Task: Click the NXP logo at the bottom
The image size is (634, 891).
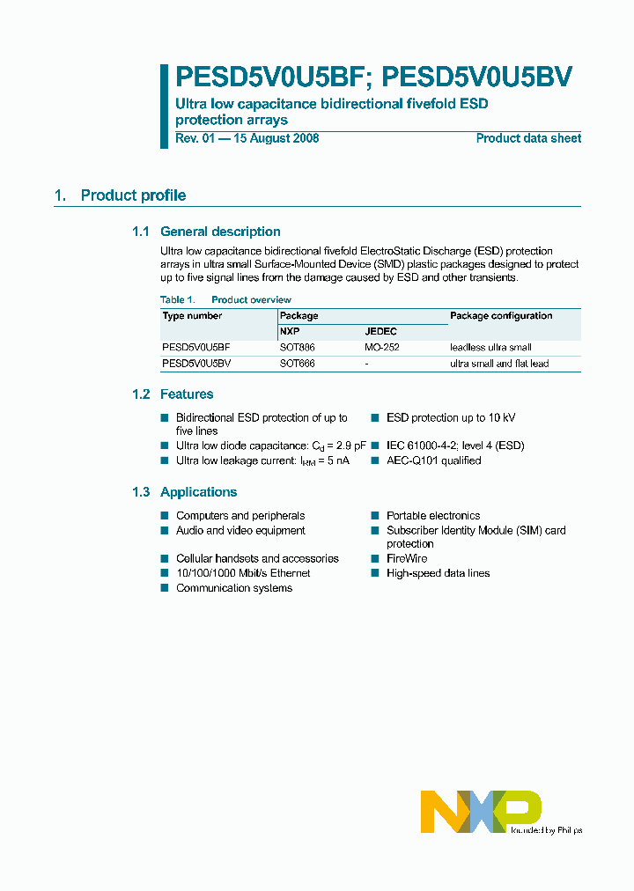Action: coord(480,811)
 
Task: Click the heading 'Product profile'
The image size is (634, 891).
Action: coord(133,195)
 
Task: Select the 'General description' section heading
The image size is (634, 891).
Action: coord(220,232)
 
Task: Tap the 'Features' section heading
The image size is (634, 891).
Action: coord(187,394)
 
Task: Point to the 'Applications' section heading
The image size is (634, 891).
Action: coord(198,492)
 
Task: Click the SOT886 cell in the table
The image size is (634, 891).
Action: coord(297,348)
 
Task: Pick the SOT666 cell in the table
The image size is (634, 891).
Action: coord(297,364)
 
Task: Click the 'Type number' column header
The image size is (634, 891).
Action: coord(192,316)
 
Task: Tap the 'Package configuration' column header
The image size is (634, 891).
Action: coord(501,316)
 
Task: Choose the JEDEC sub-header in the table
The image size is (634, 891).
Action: coord(380,332)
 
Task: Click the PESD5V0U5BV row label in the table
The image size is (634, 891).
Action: coord(196,364)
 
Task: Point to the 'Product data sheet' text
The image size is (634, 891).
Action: coord(528,138)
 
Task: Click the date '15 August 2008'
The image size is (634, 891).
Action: coord(276,138)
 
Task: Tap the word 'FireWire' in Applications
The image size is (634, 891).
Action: coord(407,559)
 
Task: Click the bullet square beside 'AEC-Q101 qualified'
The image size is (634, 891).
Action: coord(375,460)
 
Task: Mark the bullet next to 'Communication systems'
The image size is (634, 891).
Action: coord(165,588)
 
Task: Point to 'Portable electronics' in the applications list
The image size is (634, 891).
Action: coord(433,516)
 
